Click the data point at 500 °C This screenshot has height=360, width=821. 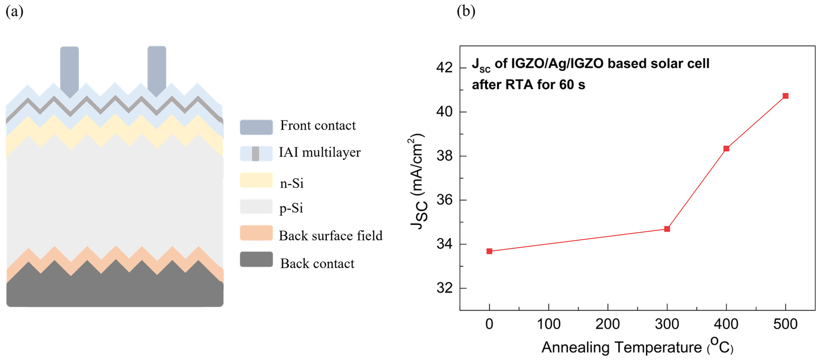(x=785, y=96)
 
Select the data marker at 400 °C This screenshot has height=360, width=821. (x=726, y=149)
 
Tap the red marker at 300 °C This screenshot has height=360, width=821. (x=667, y=229)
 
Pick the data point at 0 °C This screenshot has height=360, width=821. (x=489, y=251)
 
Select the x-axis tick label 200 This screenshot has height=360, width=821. (x=607, y=324)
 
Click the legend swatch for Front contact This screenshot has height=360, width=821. (x=256, y=127)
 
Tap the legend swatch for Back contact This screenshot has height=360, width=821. (x=256, y=259)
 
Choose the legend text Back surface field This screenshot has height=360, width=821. (x=330, y=236)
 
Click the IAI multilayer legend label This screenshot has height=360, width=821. (x=320, y=152)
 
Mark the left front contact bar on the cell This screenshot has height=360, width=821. (x=70, y=71)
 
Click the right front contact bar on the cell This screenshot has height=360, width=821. (x=157, y=70)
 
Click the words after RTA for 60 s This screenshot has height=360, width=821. (x=528, y=85)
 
